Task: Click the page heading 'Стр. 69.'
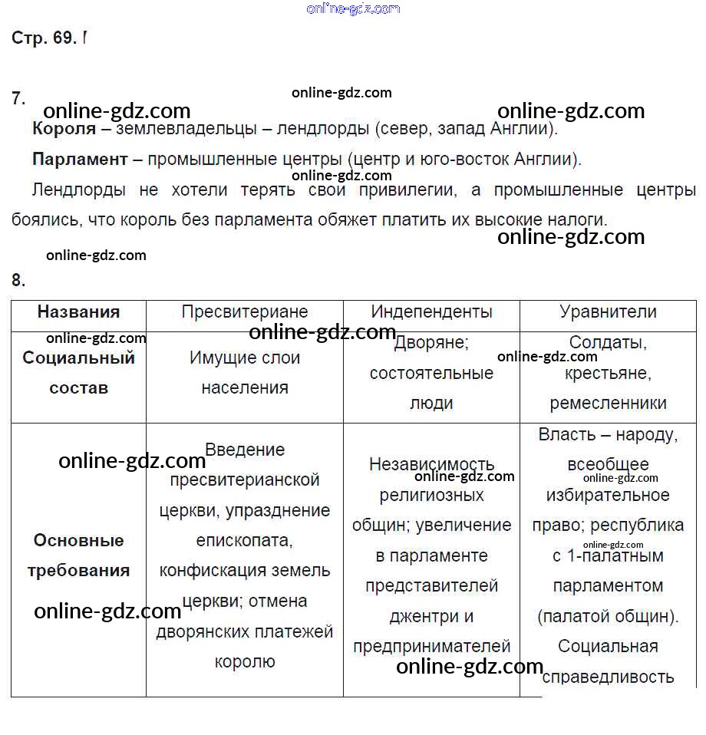(44, 38)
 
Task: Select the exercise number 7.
(18, 98)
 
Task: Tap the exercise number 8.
(18, 280)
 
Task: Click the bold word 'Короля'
(64, 129)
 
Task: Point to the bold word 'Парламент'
(80, 160)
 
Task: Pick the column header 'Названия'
(78, 311)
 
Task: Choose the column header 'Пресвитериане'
(245, 311)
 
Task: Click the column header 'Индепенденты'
(431, 311)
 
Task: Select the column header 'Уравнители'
(608, 311)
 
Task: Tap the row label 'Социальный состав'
(78, 373)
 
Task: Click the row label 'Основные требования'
(78, 555)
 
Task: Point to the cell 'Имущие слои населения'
(245, 373)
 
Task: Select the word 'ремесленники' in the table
(608, 403)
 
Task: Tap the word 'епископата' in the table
(244, 540)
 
